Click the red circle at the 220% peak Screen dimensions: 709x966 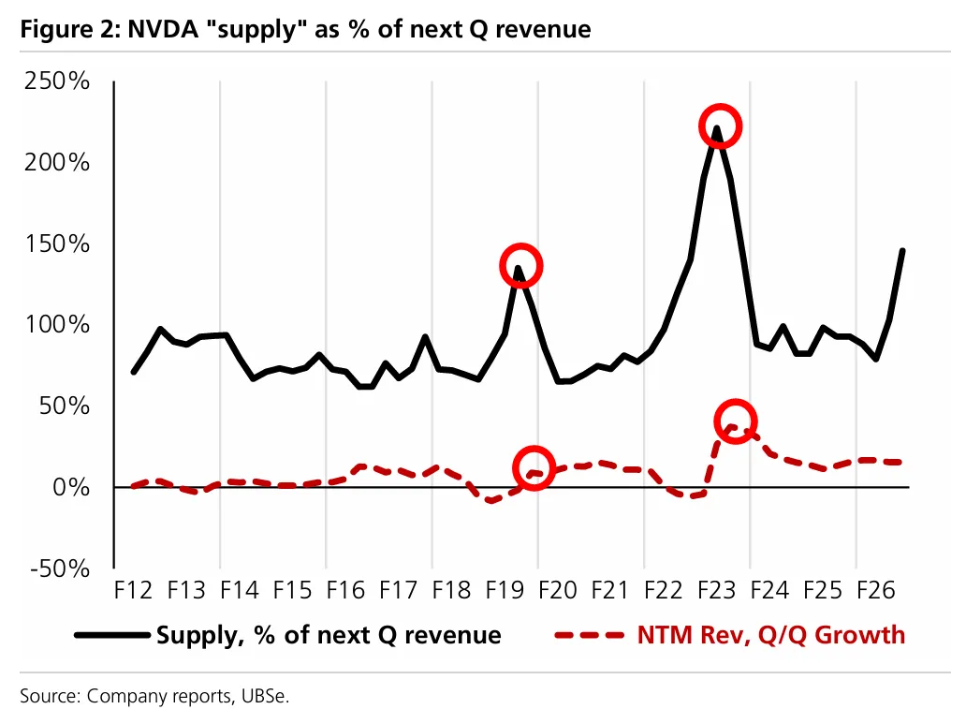click(x=719, y=126)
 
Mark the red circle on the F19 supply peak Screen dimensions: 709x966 click(x=521, y=265)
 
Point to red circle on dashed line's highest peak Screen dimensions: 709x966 click(x=735, y=421)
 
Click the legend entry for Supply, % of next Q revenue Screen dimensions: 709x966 click(x=328, y=635)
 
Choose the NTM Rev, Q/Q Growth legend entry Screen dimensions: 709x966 click(x=770, y=635)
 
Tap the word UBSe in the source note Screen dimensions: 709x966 click(x=272, y=696)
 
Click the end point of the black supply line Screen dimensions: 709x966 click(x=902, y=250)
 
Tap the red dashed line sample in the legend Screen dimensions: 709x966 click(x=589, y=635)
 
